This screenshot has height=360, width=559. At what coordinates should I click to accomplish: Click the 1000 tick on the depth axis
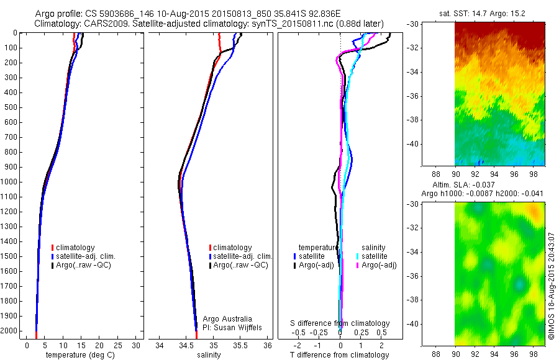click(10, 182)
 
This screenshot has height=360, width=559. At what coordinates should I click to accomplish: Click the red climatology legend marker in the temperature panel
click(53, 248)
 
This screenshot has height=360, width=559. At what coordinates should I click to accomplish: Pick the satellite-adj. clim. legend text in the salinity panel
click(243, 256)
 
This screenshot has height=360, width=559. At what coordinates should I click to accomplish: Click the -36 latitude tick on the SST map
click(414, 96)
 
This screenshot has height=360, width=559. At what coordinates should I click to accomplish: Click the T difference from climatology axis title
click(340, 355)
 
